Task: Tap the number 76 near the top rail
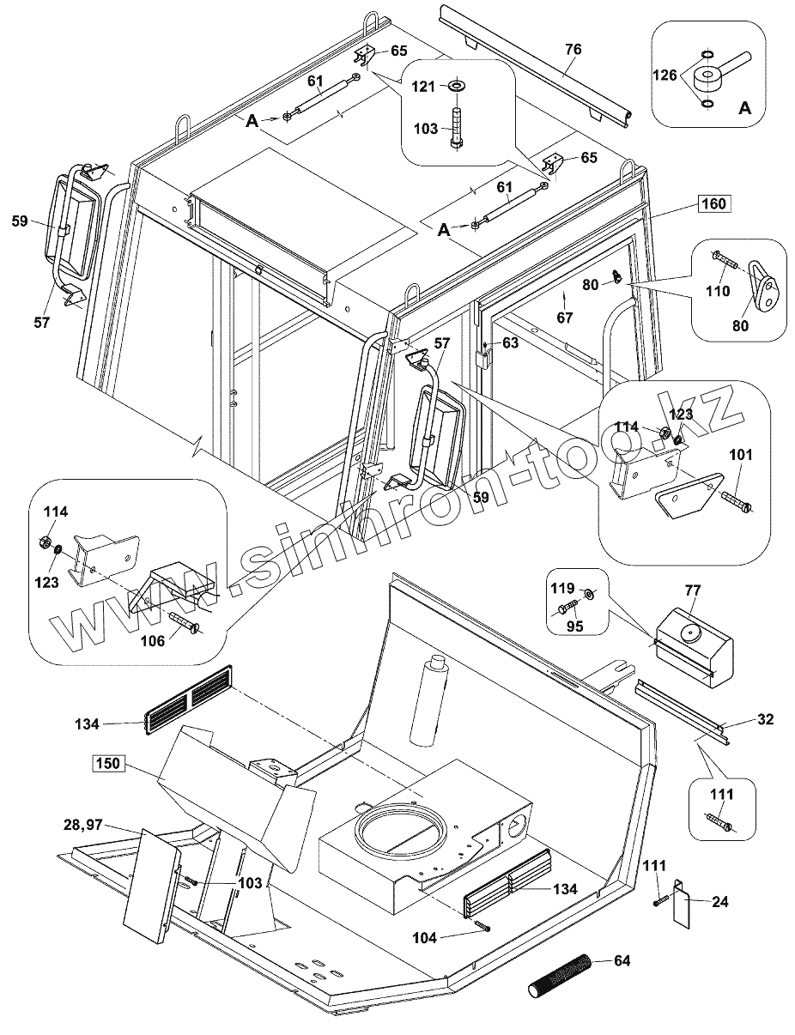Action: pos(573,50)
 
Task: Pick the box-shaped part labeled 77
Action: pos(694,645)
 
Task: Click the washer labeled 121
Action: pos(456,87)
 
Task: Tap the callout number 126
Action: pos(666,76)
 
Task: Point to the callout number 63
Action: pos(510,343)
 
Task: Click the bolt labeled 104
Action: pos(480,925)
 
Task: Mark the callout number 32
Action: pos(765,719)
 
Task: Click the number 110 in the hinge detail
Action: pos(718,292)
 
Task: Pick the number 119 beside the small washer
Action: pos(562,590)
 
